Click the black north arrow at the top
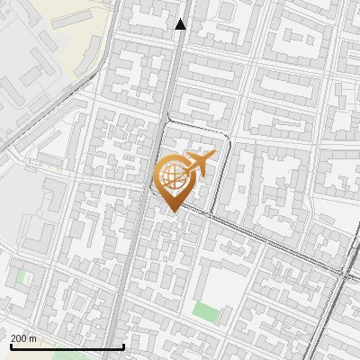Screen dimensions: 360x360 (x=181, y=24)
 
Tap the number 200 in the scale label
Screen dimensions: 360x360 (x=20, y=338)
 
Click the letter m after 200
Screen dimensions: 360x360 (x=33, y=338)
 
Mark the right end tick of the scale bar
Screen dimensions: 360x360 (x=123, y=346)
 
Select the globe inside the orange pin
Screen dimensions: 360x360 (x=171, y=175)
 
